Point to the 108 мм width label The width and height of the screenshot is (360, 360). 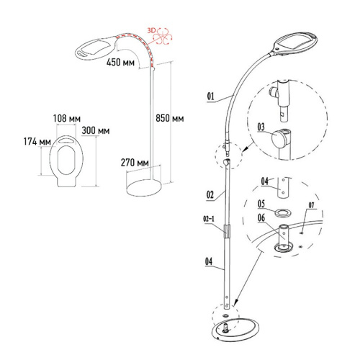point(64,117)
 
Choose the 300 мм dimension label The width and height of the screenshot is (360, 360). point(96,131)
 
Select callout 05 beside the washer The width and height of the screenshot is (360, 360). point(263,202)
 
